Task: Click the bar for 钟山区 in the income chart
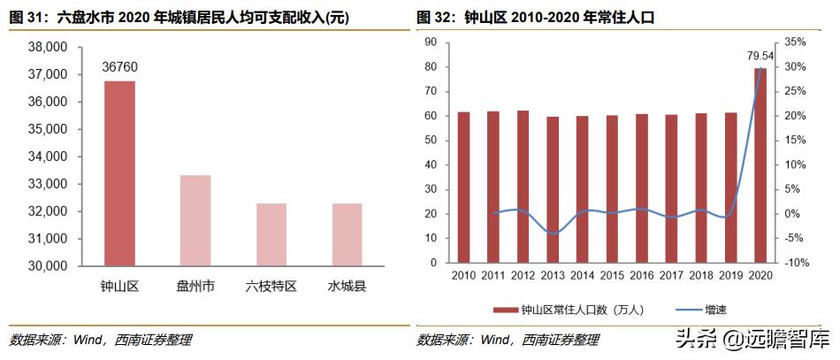(119, 172)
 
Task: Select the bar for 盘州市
(195, 220)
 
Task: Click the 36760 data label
(119, 66)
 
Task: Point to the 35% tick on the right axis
(795, 42)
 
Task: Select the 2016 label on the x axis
(641, 276)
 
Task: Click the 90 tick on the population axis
(431, 42)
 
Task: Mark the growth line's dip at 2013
(553, 234)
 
